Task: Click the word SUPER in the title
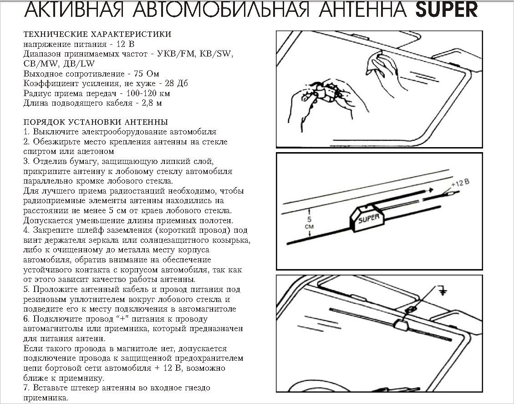447,10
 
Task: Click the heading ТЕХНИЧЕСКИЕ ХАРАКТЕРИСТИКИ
97,34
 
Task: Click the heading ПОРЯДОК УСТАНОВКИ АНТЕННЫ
95,122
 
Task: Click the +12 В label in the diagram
459,183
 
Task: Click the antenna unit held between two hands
326,92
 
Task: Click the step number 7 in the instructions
25,388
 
